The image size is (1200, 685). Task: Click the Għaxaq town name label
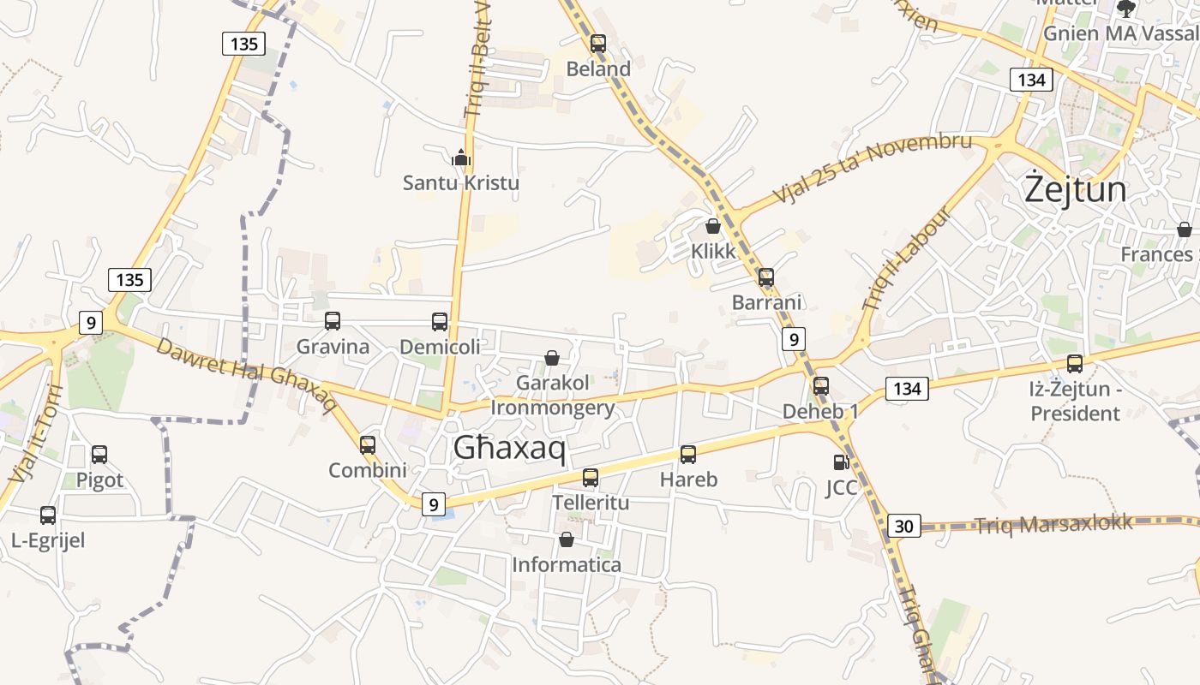pos(509,447)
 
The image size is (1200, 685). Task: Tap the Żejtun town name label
pos(1076,189)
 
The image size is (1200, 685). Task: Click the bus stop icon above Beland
pos(598,43)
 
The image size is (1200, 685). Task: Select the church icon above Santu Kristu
pos(461,158)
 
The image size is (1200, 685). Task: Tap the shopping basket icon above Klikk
pos(712,226)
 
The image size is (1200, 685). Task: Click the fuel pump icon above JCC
pos(841,462)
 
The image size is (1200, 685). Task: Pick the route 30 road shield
pos(903,526)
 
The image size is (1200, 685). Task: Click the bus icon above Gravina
pos(333,321)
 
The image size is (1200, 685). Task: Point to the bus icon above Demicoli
pos(440,322)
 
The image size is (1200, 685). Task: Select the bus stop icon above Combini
pos(368,445)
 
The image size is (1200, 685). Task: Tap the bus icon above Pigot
pos(99,455)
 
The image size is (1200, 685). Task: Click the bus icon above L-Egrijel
pos(48,515)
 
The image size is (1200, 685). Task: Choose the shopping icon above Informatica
pos(566,539)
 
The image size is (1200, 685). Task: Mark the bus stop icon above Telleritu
pos(591,478)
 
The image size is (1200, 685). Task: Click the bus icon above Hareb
pos(688,455)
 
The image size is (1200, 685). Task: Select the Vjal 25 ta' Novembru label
pos(872,168)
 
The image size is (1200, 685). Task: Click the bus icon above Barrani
pos(766,277)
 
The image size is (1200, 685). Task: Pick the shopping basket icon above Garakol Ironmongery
pos(552,358)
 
